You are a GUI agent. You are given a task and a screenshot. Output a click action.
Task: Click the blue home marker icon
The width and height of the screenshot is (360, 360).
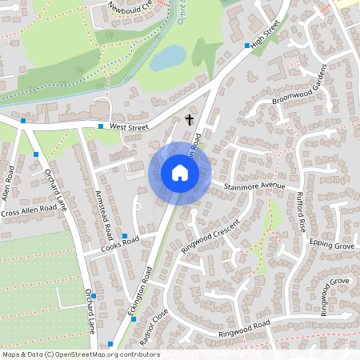pos(180,173)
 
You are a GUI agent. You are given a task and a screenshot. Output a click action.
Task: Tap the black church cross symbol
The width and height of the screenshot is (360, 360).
pos(190,120)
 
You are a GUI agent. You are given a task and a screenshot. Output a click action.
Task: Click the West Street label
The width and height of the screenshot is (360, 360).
pos(130,126)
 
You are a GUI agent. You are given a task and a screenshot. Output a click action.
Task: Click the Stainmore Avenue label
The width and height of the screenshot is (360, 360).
pos(254,186)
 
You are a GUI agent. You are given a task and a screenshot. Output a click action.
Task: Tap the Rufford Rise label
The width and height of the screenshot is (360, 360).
pos(301,211)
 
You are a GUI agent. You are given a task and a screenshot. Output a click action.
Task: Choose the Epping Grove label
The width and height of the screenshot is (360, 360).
pos(333,244)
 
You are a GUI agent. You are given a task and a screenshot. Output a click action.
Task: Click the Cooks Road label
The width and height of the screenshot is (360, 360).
pos(120,244)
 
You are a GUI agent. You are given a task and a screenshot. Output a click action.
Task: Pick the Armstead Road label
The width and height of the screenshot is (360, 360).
pos(103,216)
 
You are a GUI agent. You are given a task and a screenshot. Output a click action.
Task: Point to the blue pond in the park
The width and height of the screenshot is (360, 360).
pos(167,57)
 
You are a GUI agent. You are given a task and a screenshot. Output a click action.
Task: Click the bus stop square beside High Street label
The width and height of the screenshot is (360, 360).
pos(246,46)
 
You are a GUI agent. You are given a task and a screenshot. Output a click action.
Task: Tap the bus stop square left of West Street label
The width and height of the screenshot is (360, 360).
pos(101,126)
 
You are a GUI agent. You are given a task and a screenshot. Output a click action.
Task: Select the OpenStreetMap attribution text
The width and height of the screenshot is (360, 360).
pos(80,354)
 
